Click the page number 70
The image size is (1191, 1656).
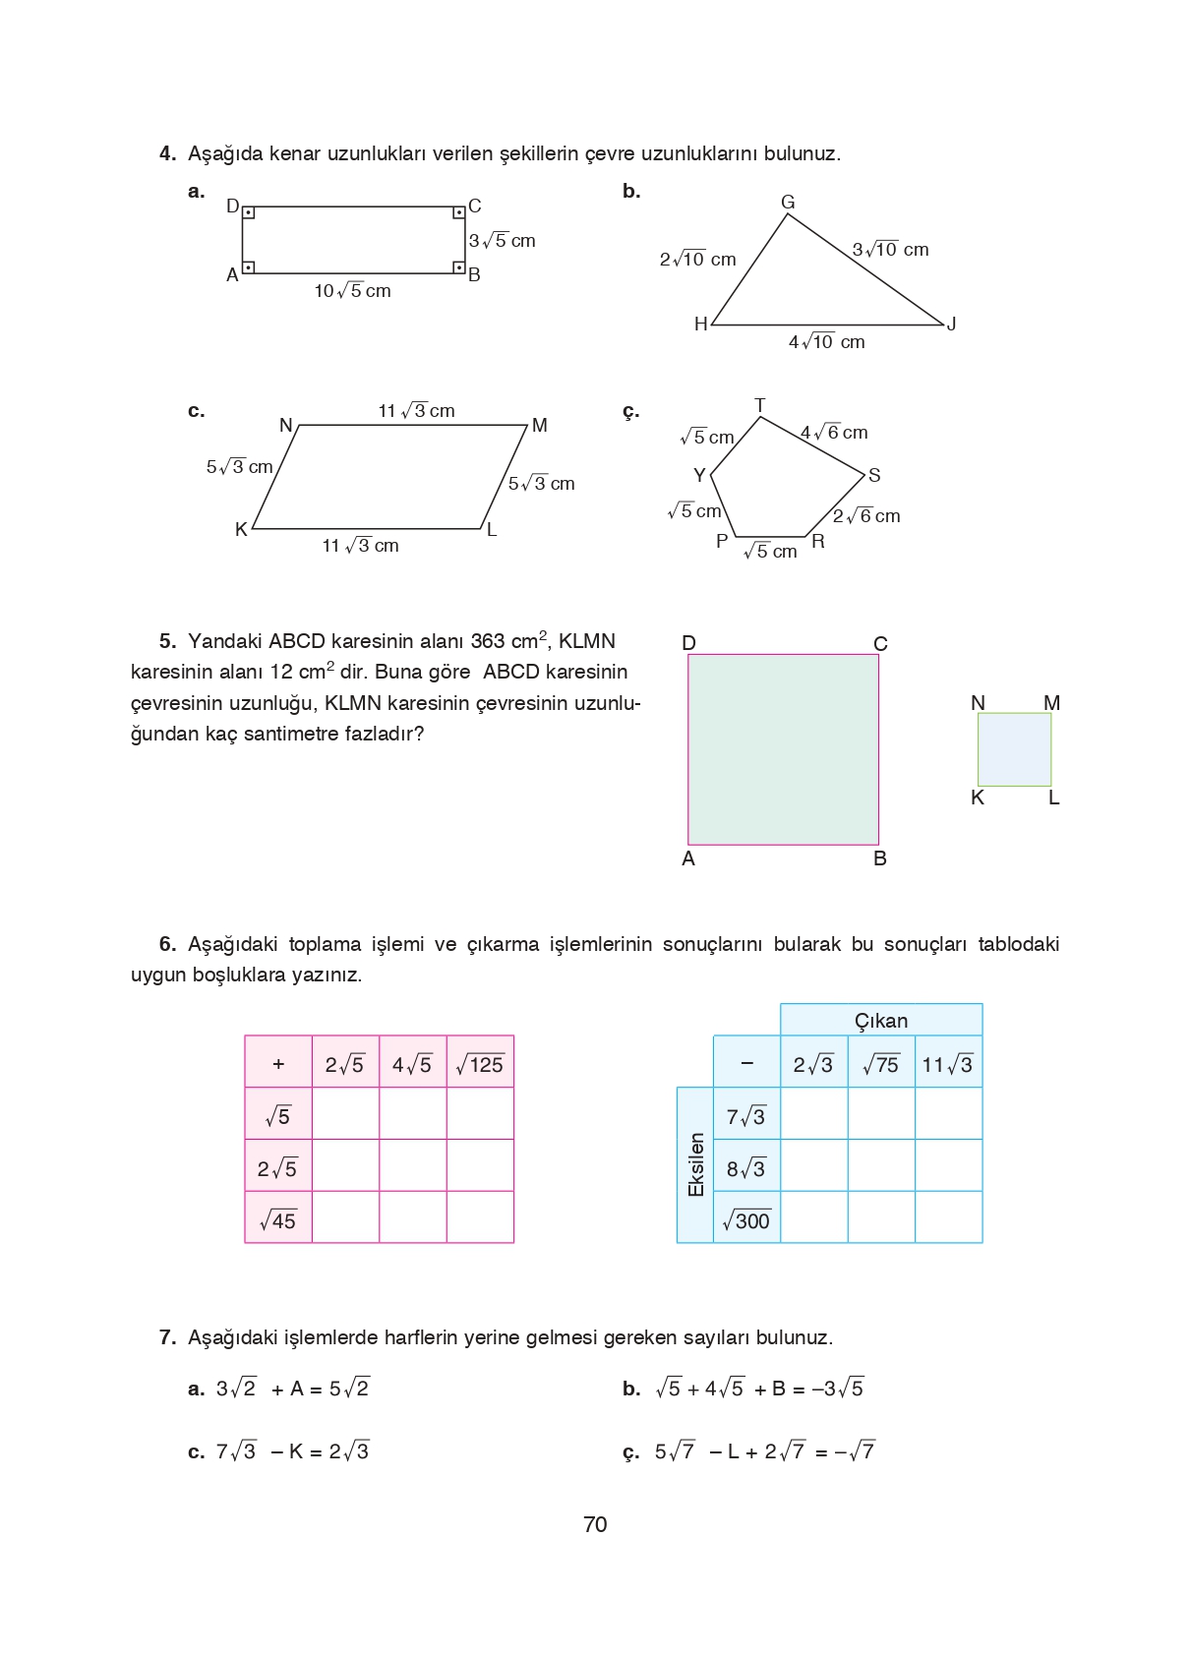pyautogui.click(x=595, y=1524)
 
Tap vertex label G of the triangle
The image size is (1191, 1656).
pyautogui.click(x=788, y=202)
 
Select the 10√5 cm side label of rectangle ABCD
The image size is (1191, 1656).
pyautogui.click(x=352, y=291)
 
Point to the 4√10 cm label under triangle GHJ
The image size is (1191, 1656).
pyautogui.click(x=826, y=342)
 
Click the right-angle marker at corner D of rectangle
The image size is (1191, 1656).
pyautogui.click(x=249, y=212)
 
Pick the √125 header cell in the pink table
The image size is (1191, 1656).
pyautogui.click(x=480, y=1064)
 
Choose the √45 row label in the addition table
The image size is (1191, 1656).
pyautogui.click(x=278, y=1220)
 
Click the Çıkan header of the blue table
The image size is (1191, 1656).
pyautogui.click(x=881, y=1021)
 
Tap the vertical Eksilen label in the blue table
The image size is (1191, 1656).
pyautogui.click(x=696, y=1165)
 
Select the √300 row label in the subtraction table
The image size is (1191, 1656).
pyautogui.click(x=746, y=1220)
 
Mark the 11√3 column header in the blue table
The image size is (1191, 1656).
pyautogui.click(x=948, y=1064)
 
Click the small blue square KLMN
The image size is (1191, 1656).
pyautogui.click(x=1014, y=749)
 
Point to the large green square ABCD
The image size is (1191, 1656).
pyautogui.click(x=783, y=749)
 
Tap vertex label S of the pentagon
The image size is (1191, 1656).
pyautogui.click(x=874, y=476)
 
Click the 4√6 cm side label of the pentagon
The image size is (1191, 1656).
pyautogui.click(x=834, y=433)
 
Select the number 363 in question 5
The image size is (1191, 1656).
pyautogui.click(x=487, y=641)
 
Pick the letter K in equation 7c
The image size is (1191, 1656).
pyautogui.click(x=296, y=1451)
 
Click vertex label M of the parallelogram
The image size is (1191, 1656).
pyautogui.click(x=539, y=426)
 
